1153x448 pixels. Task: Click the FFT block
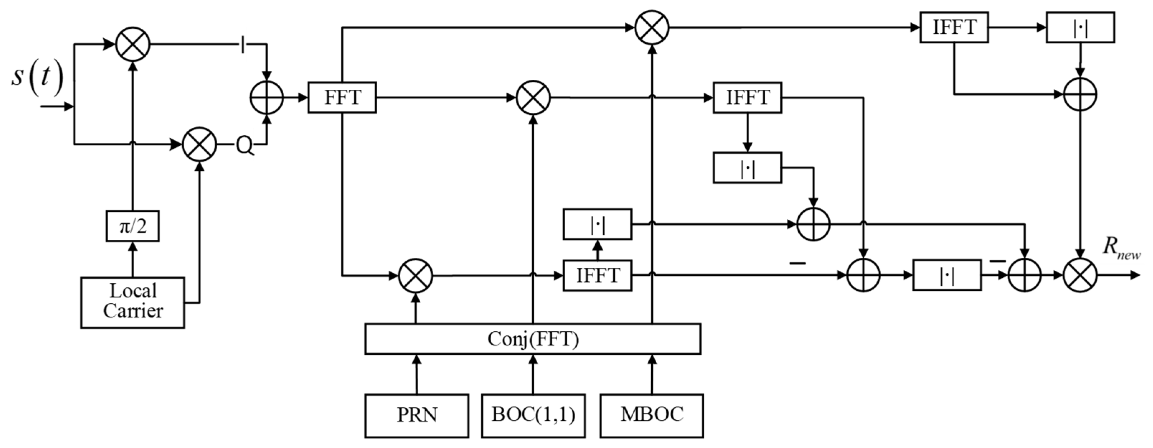(342, 97)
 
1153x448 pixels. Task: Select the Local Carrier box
(132, 302)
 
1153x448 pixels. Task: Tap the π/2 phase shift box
(132, 226)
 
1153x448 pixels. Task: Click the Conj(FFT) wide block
(533, 339)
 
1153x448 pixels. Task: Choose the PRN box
(417, 415)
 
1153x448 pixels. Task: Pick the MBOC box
(652, 415)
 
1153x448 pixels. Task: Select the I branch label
(242, 45)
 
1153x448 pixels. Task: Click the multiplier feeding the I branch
(132, 45)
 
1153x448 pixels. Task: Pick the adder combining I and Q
(267, 97)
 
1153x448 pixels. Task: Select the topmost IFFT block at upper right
(954, 28)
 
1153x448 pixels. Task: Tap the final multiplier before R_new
(1081, 275)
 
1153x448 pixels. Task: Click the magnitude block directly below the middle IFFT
(747, 168)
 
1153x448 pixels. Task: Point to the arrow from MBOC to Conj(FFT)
(652, 374)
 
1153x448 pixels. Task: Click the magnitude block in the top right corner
(1080, 28)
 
